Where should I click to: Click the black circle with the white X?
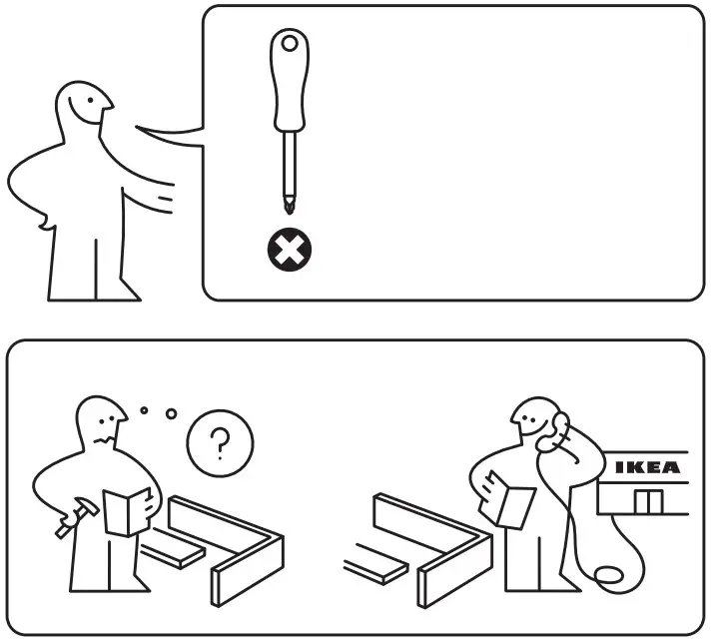(290, 251)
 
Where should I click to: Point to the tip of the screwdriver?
(290, 207)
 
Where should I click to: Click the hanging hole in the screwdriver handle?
(290, 44)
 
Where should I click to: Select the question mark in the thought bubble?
(220, 442)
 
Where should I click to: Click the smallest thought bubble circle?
(145, 408)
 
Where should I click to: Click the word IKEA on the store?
(647, 467)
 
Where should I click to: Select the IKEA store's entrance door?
(647, 501)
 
